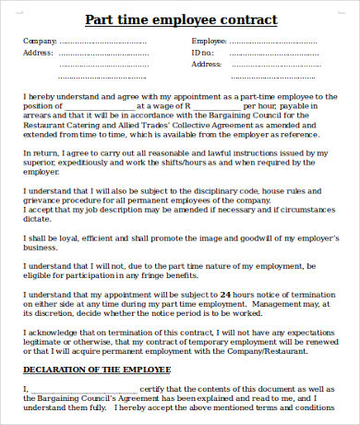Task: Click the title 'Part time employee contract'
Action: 180,19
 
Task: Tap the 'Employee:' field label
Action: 209,42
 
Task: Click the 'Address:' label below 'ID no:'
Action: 206,65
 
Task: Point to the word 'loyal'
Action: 59,237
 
